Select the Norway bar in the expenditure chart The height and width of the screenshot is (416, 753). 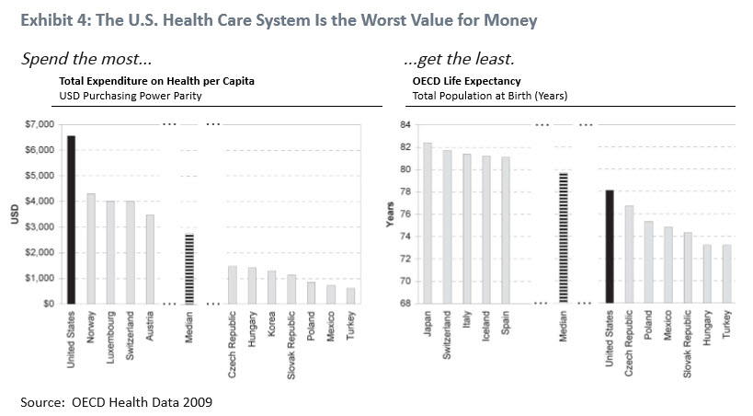[x=91, y=248]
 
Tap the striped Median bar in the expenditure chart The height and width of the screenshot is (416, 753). [x=189, y=268]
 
